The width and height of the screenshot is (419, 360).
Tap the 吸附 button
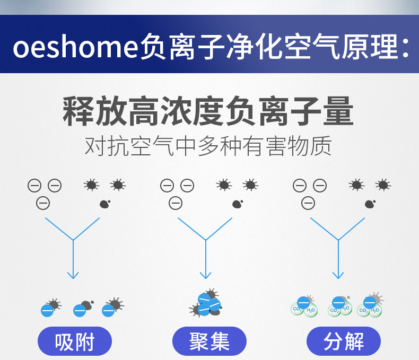75,341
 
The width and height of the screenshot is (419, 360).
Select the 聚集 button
210,341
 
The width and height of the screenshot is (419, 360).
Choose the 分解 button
344,341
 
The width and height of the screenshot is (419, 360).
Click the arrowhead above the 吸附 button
73,275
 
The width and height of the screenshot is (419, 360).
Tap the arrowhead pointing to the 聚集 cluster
206,275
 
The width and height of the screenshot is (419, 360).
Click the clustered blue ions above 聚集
208,304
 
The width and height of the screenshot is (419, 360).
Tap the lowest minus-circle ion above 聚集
176,203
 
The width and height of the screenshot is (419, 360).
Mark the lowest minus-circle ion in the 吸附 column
43,203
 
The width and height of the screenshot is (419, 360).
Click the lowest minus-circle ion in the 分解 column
308,203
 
